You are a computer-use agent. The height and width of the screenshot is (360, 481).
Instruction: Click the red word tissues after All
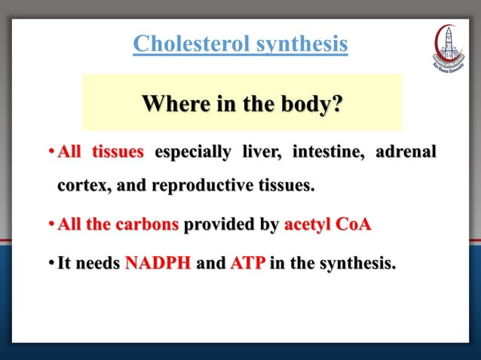(118, 152)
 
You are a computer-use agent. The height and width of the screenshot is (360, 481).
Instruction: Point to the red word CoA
(354, 224)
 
